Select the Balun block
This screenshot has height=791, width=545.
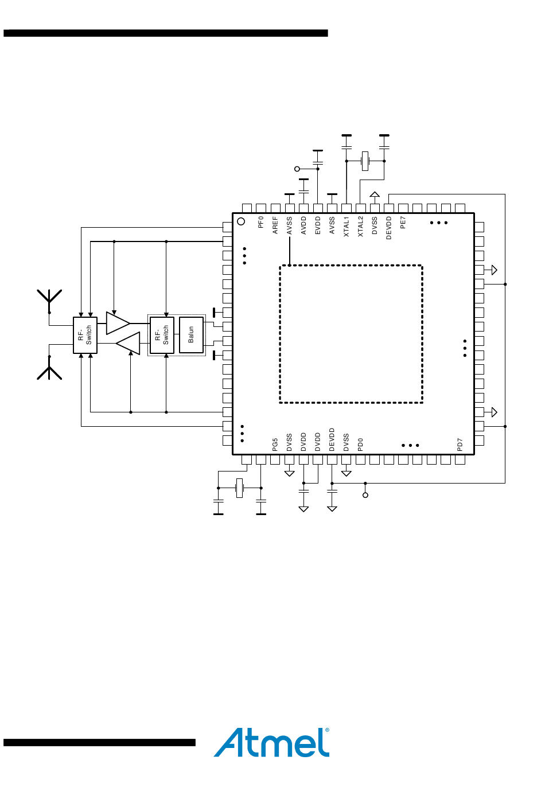click(191, 335)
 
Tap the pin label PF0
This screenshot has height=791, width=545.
click(260, 222)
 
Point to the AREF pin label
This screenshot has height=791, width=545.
click(275, 225)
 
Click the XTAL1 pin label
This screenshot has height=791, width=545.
click(346, 227)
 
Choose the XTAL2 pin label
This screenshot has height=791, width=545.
click(360, 227)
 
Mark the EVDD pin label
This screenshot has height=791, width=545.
click(317, 225)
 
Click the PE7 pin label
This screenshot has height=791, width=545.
click(403, 223)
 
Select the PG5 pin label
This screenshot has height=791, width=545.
click(275, 445)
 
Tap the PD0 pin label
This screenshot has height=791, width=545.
click(360, 445)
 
